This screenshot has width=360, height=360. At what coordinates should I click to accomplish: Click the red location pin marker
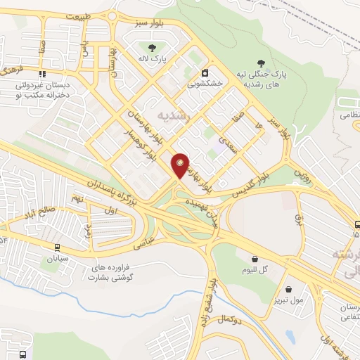181,165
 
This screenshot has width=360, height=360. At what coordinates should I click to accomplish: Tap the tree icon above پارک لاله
152,47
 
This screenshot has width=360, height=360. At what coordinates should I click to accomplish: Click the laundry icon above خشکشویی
205,72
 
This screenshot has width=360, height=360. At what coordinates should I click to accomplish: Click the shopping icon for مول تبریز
289,289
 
